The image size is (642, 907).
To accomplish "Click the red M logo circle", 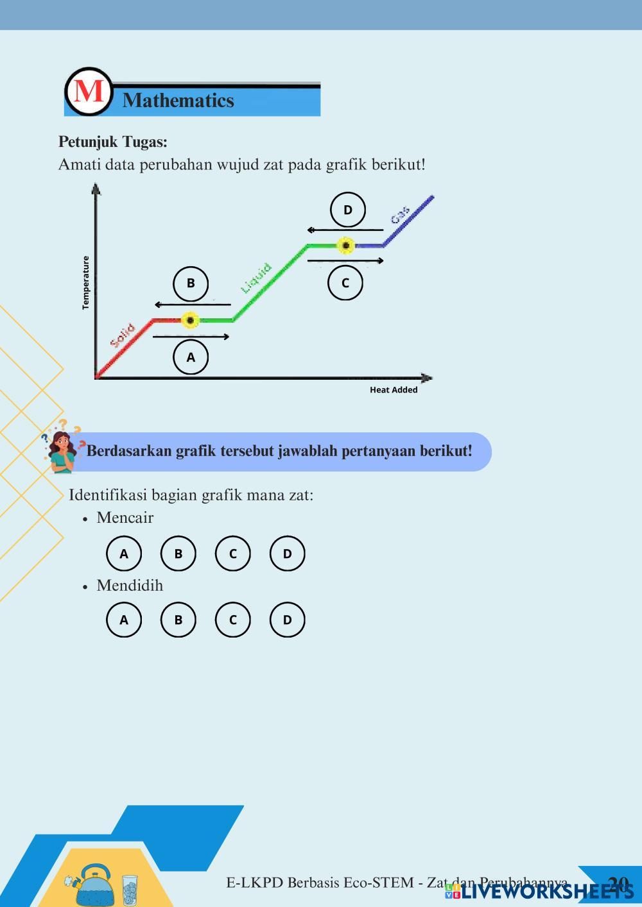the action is [x=89, y=92].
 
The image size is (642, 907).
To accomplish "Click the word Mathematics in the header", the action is [x=178, y=101].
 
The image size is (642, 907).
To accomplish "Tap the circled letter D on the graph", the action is [x=348, y=210].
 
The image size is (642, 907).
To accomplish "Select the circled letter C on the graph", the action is [x=345, y=283].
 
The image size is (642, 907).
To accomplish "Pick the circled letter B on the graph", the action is [x=191, y=283].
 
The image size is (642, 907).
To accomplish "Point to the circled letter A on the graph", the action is [x=191, y=357].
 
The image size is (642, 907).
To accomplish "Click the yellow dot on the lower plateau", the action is [x=190, y=320].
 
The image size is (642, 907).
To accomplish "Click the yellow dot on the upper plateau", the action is [x=346, y=245].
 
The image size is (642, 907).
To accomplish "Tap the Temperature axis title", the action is [x=86, y=283].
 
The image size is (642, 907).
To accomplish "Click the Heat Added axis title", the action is [x=394, y=390].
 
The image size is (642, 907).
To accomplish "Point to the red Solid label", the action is [x=122, y=335].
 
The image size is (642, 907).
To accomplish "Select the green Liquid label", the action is [x=256, y=278].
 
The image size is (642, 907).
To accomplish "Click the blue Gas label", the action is [x=401, y=216].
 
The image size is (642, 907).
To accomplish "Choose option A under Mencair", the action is [x=124, y=554].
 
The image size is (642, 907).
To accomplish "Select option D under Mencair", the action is [x=287, y=554].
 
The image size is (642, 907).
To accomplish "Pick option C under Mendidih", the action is [x=232, y=620].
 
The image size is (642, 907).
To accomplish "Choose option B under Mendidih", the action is [x=178, y=620].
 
